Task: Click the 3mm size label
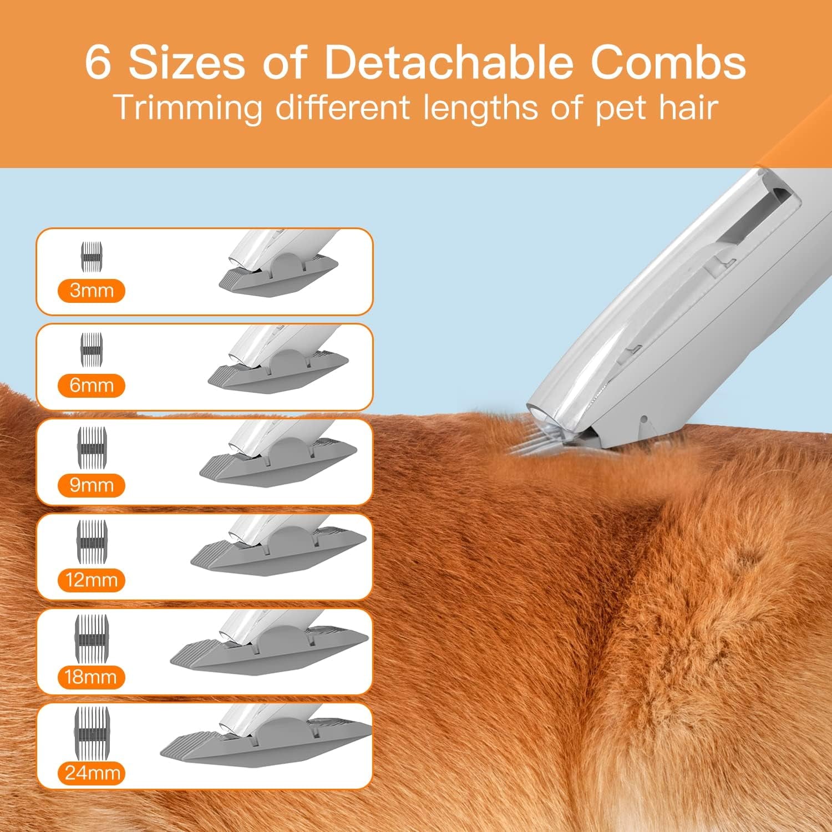click(x=92, y=291)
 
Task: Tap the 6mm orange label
click(x=92, y=385)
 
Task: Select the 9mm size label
click(x=92, y=485)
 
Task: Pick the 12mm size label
click(x=92, y=580)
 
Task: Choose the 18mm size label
click(x=92, y=677)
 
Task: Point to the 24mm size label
click(x=92, y=773)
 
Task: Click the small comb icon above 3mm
click(x=93, y=257)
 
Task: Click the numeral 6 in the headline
click(x=99, y=62)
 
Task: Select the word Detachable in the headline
click(x=448, y=62)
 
